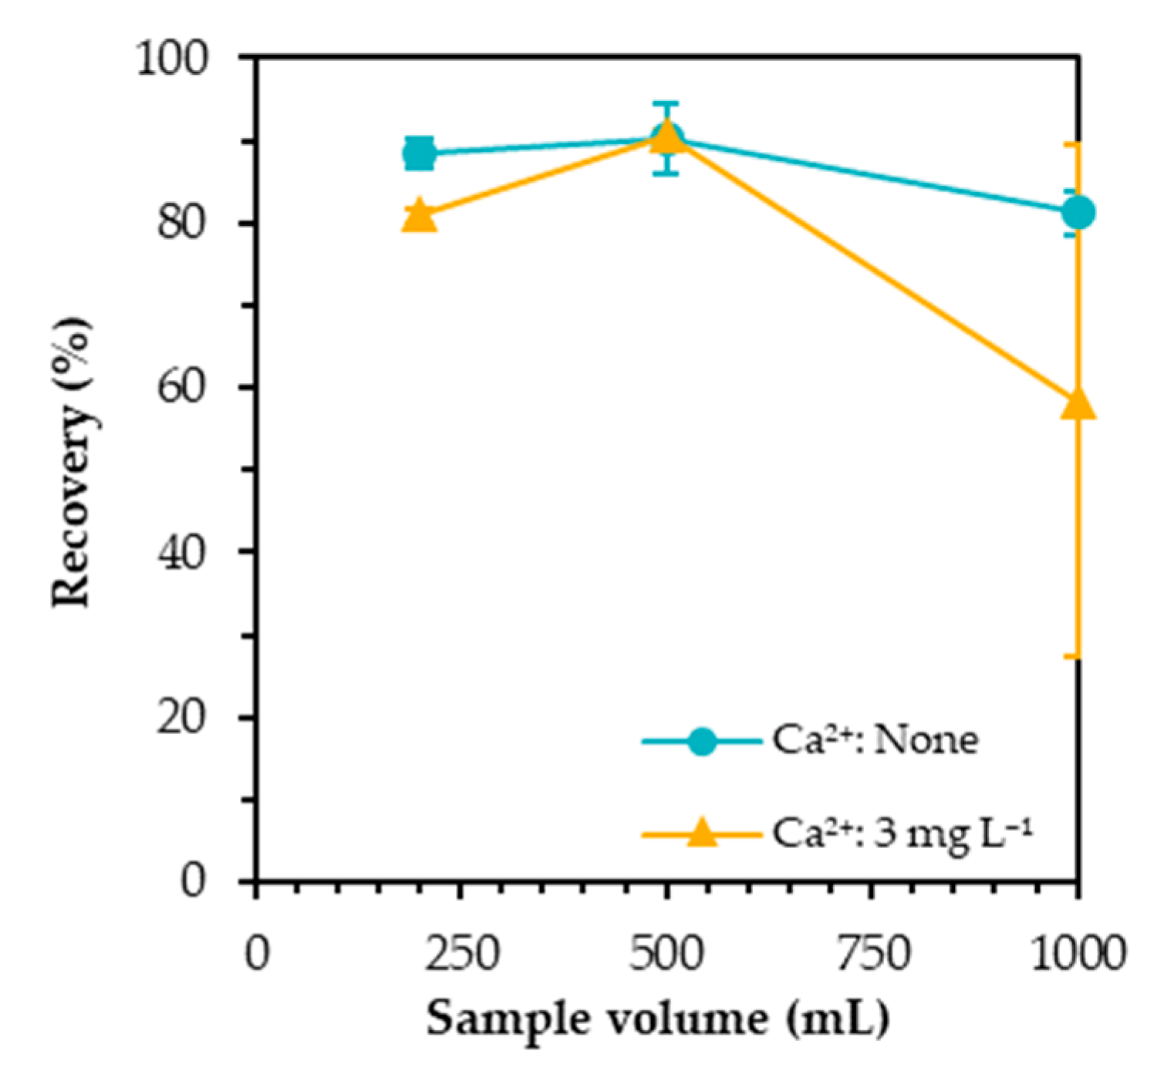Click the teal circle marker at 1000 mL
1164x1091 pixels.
pos(1078,212)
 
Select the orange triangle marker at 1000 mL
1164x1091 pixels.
pos(1078,403)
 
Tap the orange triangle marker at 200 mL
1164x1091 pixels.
pos(420,215)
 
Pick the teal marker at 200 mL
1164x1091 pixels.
pos(420,153)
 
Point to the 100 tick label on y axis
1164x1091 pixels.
pos(173,59)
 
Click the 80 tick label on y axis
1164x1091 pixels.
pos(184,224)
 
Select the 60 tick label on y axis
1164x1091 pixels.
pos(184,387)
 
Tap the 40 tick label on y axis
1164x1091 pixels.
pos(184,552)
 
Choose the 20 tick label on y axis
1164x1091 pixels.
pos(184,717)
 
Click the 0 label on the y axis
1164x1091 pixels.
pos(194,881)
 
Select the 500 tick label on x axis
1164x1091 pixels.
pos(666,954)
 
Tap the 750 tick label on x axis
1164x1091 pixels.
pos(872,954)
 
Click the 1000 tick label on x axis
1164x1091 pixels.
pos(1078,954)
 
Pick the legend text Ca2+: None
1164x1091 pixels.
pos(875,742)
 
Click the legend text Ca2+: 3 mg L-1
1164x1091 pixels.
pos(901,833)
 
